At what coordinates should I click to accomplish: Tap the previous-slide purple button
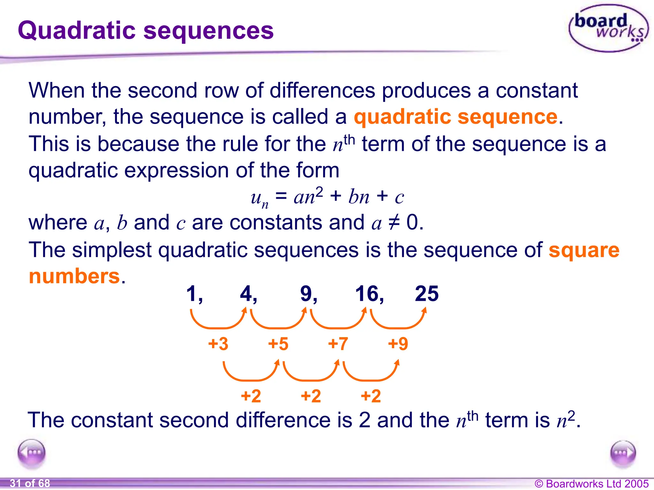[32, 453]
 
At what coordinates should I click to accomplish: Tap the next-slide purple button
[623, 453]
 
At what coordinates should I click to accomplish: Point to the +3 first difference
[218, 344]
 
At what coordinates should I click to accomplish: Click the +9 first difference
[398, 344]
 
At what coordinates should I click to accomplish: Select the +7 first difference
[338, 344]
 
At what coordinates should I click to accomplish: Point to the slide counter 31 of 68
[30, 483]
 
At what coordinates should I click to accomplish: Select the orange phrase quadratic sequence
[455, 117]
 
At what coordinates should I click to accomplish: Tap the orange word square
[584, 250]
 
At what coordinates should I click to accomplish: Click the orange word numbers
[74, 276]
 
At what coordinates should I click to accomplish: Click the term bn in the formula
[359, 197]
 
